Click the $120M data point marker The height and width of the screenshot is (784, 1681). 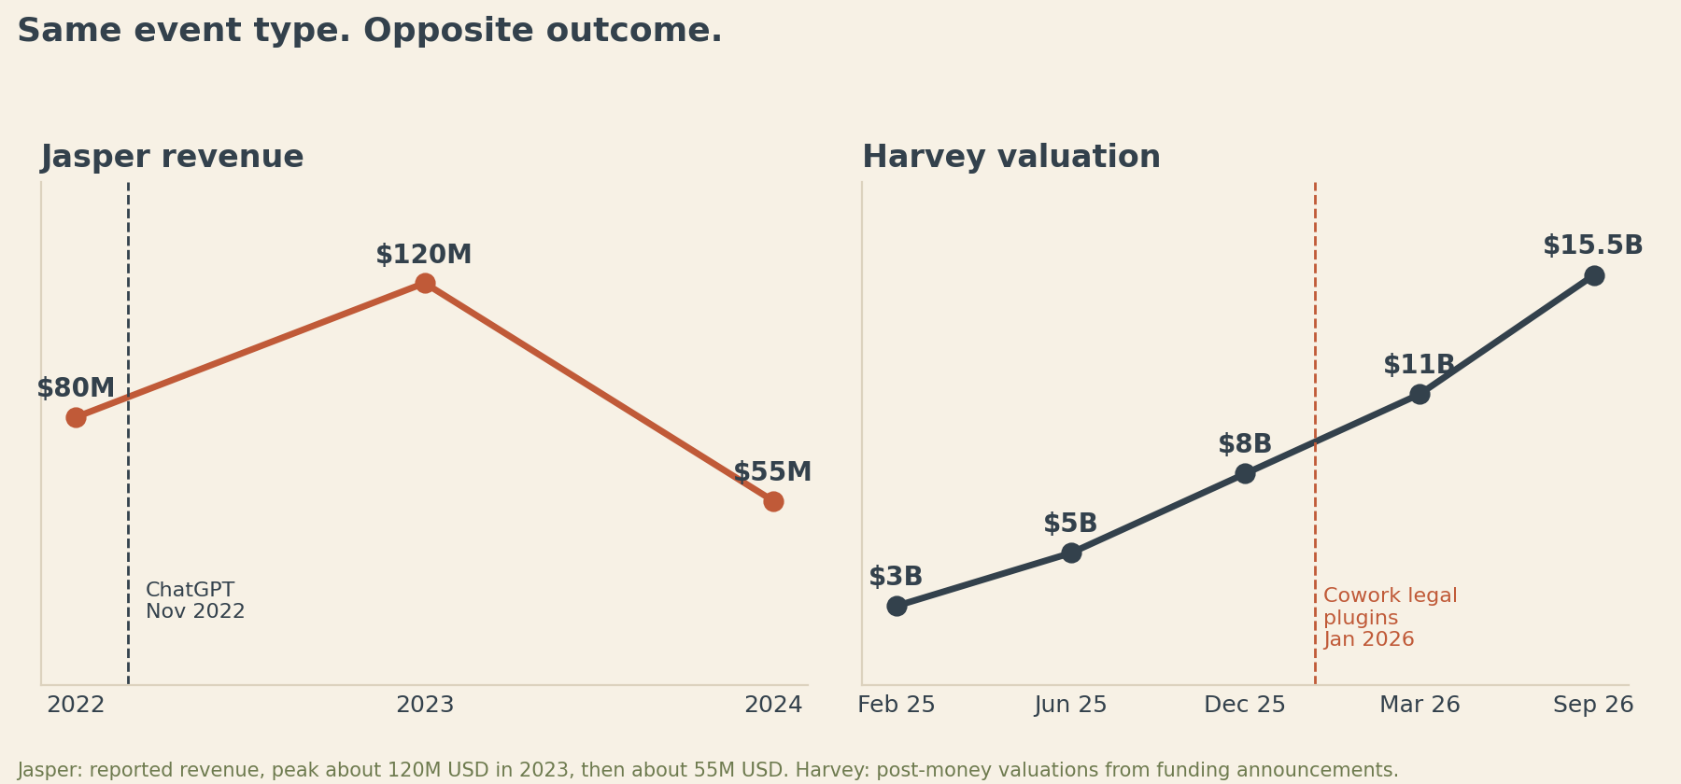[425, 284]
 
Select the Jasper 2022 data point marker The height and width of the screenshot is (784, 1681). [76, 417]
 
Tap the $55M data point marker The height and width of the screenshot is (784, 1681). [773, 501]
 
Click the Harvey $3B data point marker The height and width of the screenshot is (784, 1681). [897, 606]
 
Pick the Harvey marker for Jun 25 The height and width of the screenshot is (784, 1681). [1071, 553]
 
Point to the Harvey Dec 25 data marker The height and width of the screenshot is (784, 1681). [1245, 473]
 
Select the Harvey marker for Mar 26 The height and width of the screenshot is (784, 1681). [1420, 394]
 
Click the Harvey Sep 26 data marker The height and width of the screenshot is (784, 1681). [1594, 275]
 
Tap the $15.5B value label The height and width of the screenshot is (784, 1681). [1592, 245]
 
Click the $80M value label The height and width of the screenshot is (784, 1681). [76, 388]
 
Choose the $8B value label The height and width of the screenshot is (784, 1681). [1245, 444]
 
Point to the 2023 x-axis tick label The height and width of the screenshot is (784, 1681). [425, 706]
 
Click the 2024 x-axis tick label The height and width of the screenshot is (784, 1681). [773, 706]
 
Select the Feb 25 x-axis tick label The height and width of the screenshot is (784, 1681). [897, 706]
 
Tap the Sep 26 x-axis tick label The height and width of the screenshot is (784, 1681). [1593, 706]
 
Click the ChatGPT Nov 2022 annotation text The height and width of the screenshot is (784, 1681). [195, 601]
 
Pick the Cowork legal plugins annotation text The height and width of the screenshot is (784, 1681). [1391, 618]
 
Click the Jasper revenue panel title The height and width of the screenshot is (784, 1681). [172, 157]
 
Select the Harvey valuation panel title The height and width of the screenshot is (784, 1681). [1011, 157]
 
